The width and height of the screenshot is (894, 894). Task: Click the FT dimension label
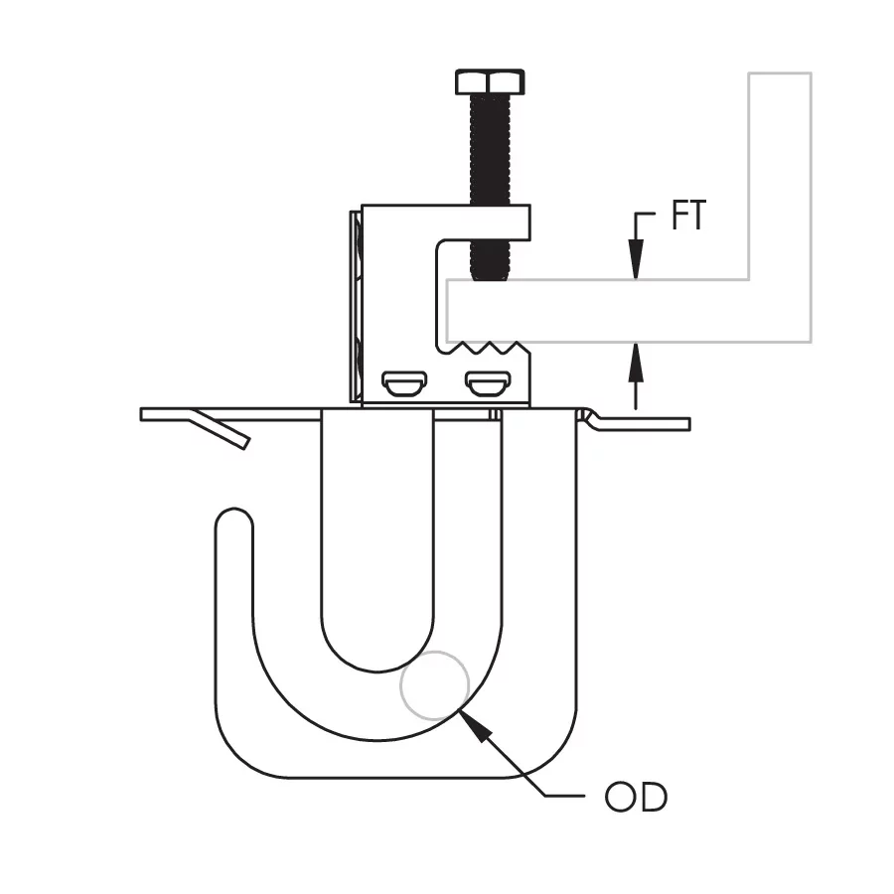(x=688, y=215)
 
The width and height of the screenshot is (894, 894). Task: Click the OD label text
(x=636, y=797)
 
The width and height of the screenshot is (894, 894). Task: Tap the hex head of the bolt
(x=490, y=82)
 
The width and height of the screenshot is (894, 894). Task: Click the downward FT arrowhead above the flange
(x=636, y=259)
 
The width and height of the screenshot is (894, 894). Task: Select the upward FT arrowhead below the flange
(x=636, y=363)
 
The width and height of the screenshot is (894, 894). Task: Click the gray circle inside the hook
(x=434, y=685)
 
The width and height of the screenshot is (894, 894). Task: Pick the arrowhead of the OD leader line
(x=475, y=725)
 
